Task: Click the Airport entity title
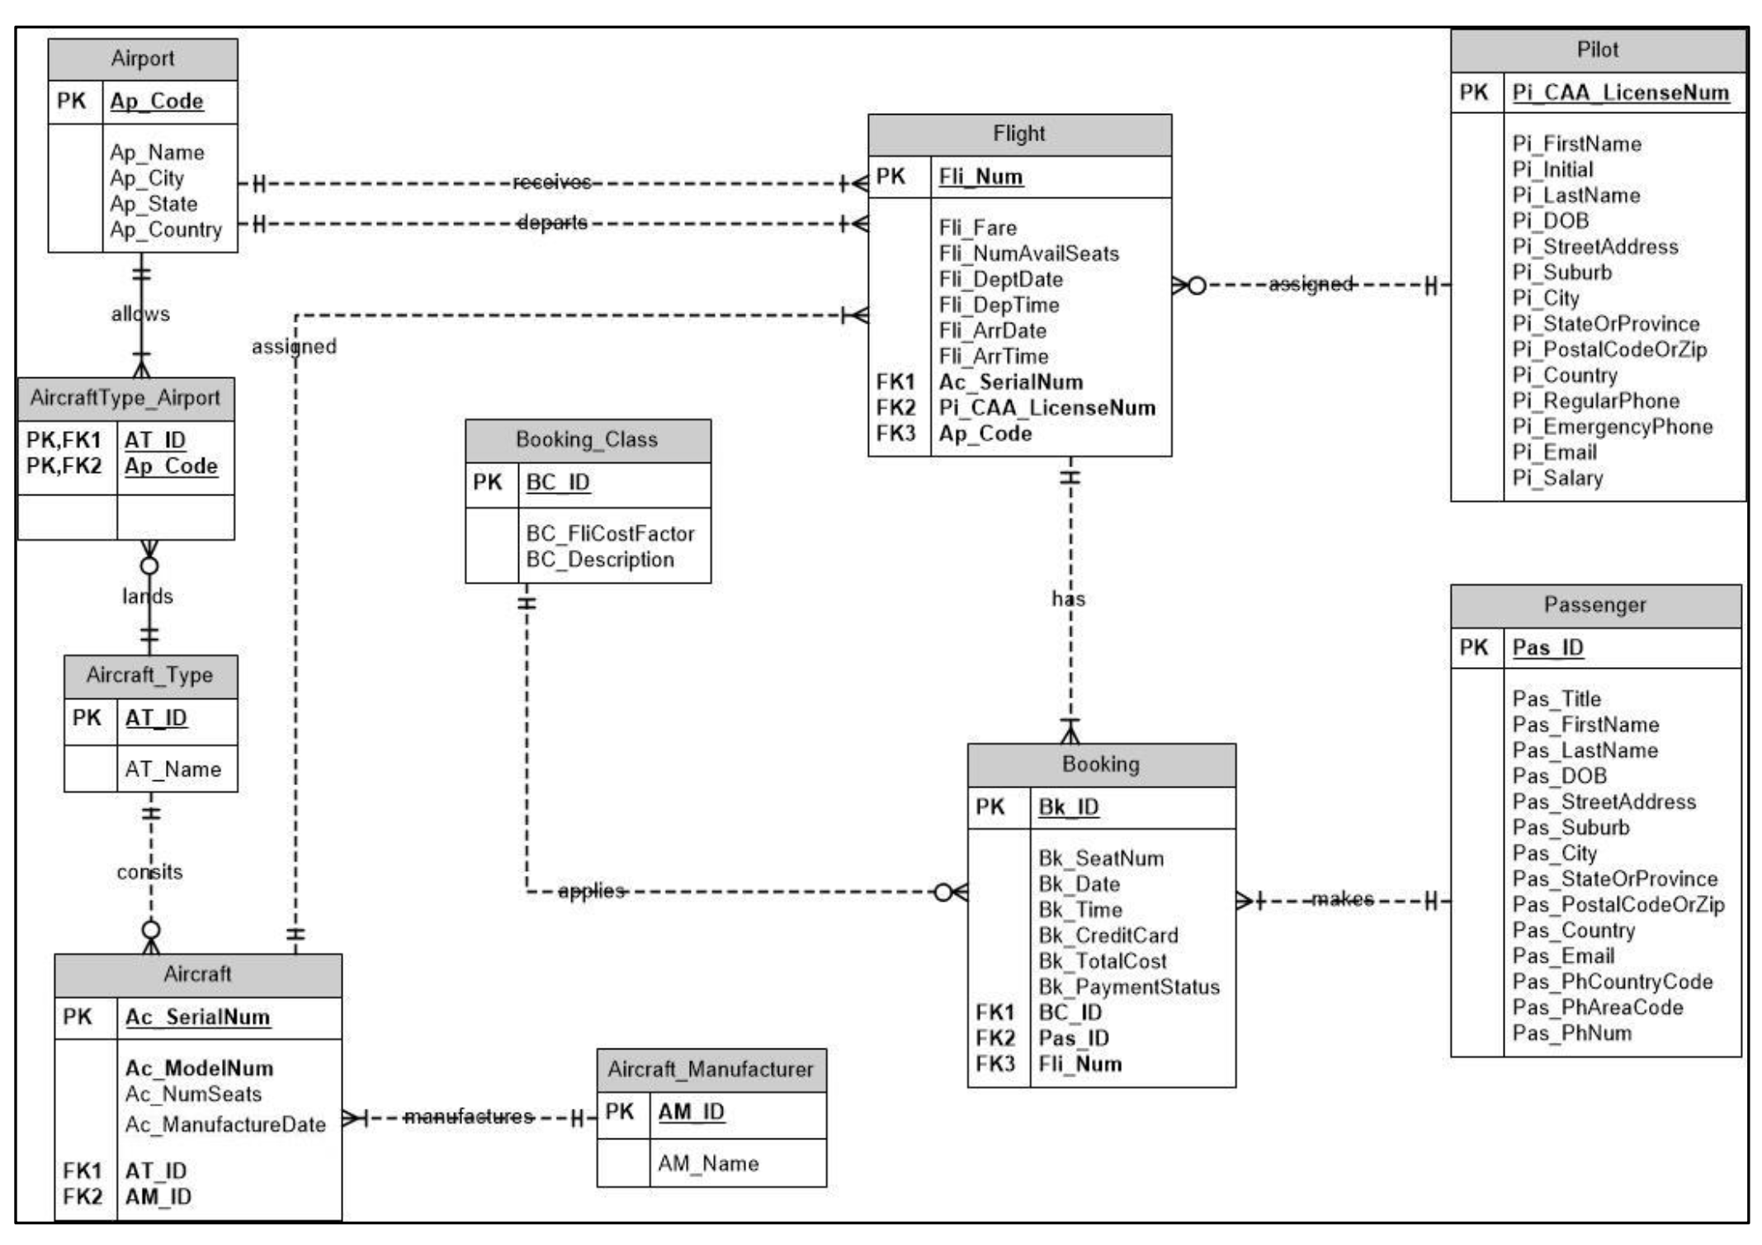143,59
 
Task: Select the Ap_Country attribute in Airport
166,230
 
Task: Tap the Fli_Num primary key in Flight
980,177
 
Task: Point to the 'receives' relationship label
552,182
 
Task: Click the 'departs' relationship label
552,223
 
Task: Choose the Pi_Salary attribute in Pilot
1557,478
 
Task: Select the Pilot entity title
1597,50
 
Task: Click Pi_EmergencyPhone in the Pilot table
1613,427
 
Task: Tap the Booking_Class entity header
588,440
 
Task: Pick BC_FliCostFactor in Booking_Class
611,534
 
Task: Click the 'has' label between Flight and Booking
1069,599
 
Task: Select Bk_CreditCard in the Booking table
1108,935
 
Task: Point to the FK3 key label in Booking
994,1063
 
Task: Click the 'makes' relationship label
1343,898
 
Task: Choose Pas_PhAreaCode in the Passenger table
1598,1007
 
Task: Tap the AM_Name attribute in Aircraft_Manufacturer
708,1163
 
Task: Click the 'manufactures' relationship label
469,1116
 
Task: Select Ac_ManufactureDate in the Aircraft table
225,1124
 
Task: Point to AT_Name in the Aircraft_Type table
173,769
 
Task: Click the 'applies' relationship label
592,891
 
